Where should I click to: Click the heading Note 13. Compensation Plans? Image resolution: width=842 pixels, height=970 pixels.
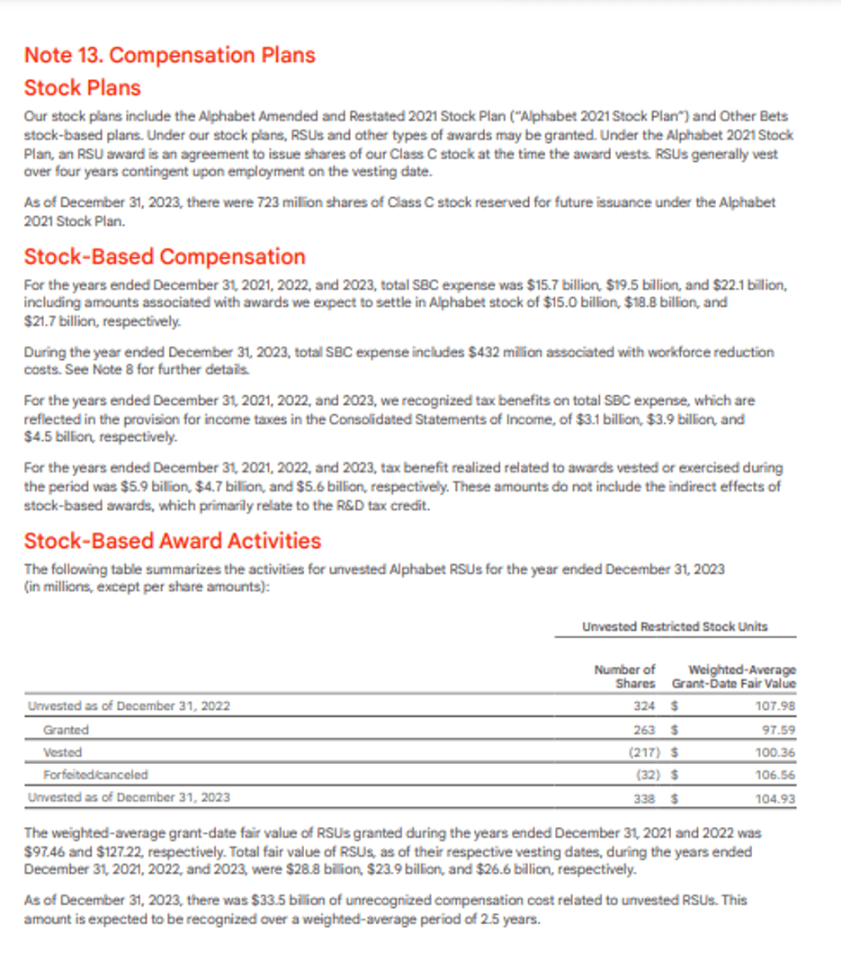169,55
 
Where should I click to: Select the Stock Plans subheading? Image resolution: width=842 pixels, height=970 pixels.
82,88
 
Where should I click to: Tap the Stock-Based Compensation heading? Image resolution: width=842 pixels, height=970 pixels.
165,256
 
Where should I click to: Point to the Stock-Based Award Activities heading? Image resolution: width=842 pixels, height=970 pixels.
172,541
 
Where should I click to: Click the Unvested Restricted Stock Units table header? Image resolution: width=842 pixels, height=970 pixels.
675,626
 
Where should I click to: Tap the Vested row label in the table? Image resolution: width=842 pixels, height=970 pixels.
62,751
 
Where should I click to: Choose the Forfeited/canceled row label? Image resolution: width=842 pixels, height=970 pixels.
95,774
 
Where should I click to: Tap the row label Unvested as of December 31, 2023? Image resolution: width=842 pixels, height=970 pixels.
129,797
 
